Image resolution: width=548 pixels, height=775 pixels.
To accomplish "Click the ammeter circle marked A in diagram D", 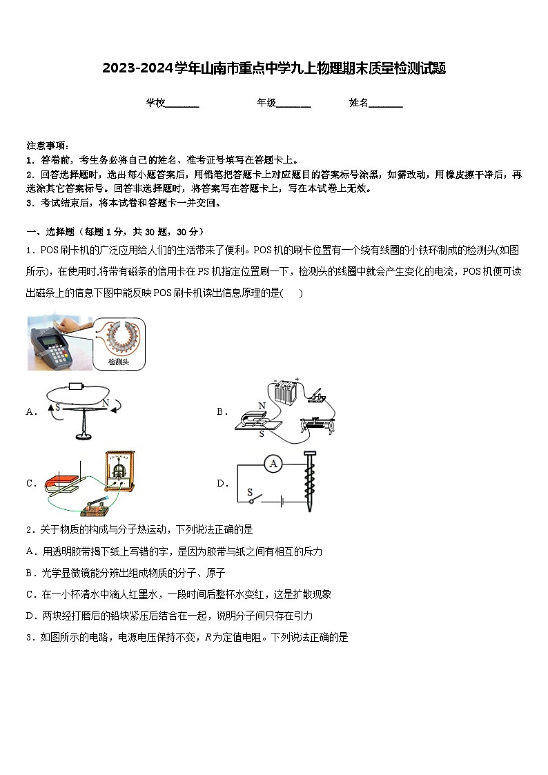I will (x=273, y=464).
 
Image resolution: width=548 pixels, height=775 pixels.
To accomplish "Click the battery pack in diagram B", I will (x=283, y=392).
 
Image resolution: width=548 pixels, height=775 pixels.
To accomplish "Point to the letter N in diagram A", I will (x=106, y=403).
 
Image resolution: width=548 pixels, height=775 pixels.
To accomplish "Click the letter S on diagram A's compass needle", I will (x=58, y=407).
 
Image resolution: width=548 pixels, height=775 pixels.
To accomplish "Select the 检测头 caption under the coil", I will (x=118, y=361).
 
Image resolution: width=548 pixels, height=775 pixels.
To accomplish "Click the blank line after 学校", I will (x=182, y=104).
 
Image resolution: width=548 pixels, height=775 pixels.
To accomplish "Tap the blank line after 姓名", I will (x=386, y=104).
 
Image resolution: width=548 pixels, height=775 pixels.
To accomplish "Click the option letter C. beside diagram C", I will (x=31, y=484).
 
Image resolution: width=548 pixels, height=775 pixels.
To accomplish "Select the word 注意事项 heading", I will (x=47, y=146).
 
